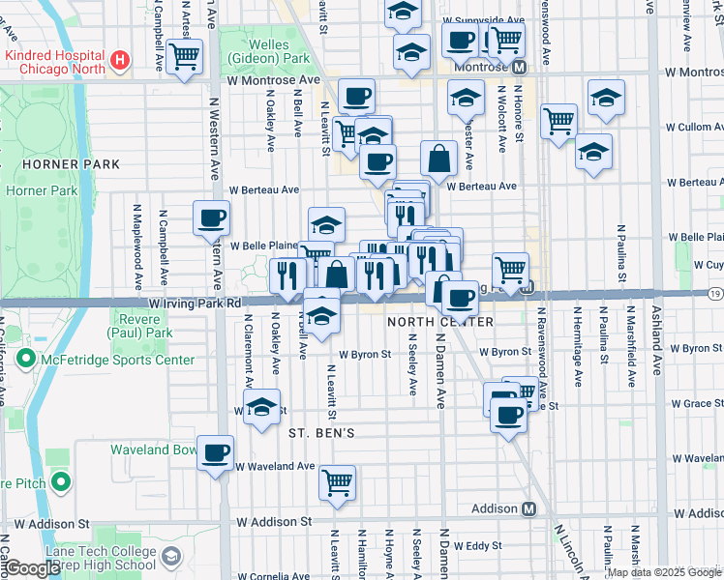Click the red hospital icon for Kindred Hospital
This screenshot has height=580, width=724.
[x=120, y=61]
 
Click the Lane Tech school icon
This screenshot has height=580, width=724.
[x=171, y=557]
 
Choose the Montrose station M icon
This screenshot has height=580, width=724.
[x=519, y=67]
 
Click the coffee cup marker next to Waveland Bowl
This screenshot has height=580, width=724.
[x=215, y=451]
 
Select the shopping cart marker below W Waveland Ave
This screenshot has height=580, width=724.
[x=337, y=481]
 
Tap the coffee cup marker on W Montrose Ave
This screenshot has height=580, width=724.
[x=356, y=95]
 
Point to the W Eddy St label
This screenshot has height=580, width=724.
[x=477, y=546]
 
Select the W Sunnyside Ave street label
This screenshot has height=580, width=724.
[x=484, y=19]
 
